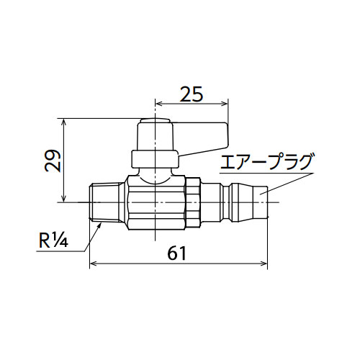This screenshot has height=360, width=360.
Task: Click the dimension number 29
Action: click(x=53, y=161)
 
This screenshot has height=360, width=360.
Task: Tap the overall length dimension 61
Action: click(x=177, y=253)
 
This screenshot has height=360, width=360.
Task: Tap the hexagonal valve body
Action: click(x=156, y=202)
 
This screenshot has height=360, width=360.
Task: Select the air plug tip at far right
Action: click(x=261, y=202)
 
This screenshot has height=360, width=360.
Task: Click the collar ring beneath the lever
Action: click(x=155, y=159)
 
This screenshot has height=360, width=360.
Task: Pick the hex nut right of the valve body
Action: click(x=193, y=202)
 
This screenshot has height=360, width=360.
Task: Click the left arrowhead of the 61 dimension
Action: click(x=93, y=264)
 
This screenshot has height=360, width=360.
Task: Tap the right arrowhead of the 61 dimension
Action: click(x=264, y=264)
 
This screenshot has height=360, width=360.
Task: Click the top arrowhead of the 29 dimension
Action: click(x=63, y=122)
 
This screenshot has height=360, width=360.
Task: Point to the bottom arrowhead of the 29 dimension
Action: click(x=63, y=199)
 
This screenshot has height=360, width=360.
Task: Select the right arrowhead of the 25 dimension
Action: click(x=224, y=104)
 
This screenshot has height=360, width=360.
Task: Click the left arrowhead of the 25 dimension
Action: click(x=159, y=104)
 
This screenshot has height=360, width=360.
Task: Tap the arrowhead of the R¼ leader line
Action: click(x=99, y=225)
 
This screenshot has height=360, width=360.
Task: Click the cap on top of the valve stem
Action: click(x=156, y=120)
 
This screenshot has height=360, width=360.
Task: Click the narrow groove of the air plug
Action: click(x=227, y=202)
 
